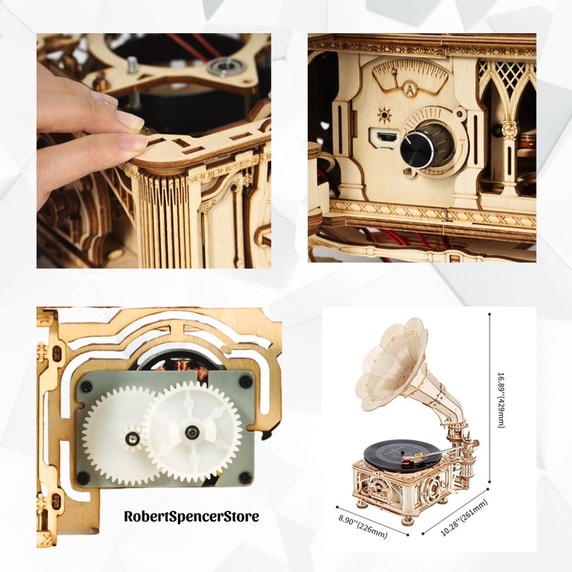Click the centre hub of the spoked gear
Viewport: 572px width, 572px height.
tap(192, 432)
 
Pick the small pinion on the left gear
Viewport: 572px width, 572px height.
tap(133, 437)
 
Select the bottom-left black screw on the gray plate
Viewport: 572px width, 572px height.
tap(85, 477)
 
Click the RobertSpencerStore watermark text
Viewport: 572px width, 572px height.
tap(191, 516)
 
